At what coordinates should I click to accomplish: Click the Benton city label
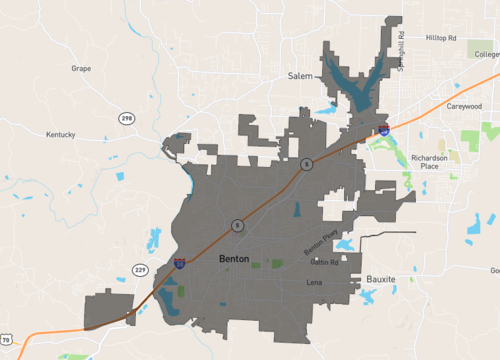click(x=233, y=259)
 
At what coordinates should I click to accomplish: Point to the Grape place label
click(x=81, y=69)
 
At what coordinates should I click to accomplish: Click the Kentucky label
click(x=60, y=134)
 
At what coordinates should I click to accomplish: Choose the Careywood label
click(x=464, y=105)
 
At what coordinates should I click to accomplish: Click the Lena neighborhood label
click(x=313, y=283)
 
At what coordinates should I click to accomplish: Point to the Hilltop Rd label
click(x=440, y=38)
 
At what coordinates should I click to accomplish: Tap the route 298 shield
click(x=126, y=119)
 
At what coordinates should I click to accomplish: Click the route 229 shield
click(x=140, y=270)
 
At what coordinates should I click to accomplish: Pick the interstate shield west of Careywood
click(x=385, y=128)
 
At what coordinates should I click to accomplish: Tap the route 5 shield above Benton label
click(x=237, y=225)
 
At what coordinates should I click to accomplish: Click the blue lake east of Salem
click(x=357, y=82)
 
